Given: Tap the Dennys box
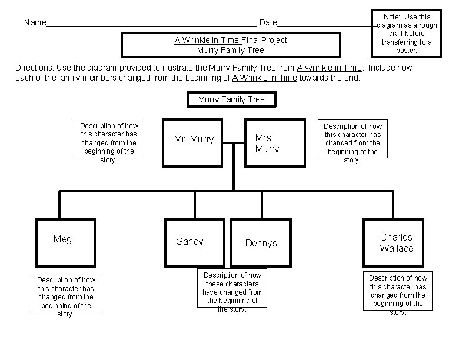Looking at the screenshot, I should click(260, 242).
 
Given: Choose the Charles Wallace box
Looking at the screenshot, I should click(395, 242).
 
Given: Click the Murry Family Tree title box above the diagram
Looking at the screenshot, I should click(231, 99).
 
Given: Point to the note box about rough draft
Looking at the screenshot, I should click(407, 34).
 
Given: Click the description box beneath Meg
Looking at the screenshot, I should click(65, 296).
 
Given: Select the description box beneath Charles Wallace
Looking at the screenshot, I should click(398, 295).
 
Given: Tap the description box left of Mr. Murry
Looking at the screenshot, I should click(109, 139).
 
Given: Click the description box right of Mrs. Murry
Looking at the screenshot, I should click(352, 139).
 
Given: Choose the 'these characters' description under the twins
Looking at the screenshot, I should click(232, 288).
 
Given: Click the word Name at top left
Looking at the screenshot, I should click(35, 23).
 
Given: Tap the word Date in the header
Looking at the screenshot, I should click(268, 23).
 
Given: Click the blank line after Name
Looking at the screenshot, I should click(151, 26).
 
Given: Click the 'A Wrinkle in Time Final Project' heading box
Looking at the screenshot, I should click(231, 45).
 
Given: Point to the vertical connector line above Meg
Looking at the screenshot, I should click(59, 205).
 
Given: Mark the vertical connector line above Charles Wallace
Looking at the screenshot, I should click(392, 205).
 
